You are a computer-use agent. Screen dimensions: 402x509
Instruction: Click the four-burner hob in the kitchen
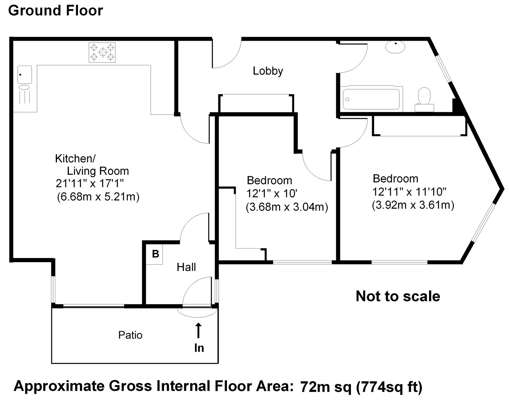click(102, 52)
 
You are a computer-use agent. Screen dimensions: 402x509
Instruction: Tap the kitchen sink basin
click(25, 75)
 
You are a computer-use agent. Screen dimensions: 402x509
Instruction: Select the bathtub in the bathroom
click(371, 99)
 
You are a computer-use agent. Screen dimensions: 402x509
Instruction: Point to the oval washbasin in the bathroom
click(395, 47)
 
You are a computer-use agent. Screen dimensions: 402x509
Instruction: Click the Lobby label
click(268, 71)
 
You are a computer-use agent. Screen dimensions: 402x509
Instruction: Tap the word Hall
click(186, 267)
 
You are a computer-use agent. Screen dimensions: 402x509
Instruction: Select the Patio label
click(130, 335)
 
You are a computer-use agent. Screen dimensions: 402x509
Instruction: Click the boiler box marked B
click(155, 254)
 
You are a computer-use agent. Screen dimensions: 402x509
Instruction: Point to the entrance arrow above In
click(198, 330)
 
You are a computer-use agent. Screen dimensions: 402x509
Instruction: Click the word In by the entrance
click(199, 348)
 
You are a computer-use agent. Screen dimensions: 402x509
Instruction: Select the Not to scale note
click(398, 296)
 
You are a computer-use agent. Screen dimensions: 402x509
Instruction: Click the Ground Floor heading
click(55, 11)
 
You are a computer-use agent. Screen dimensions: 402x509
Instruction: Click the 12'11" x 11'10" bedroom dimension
click(409, 192)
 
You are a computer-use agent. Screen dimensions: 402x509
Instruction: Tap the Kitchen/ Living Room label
click(92, 165)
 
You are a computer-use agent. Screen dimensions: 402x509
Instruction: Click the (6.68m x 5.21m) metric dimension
click(98, 197)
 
